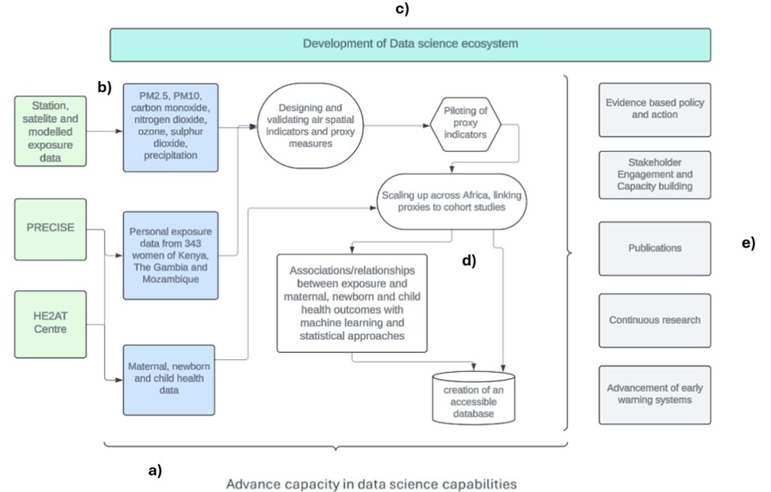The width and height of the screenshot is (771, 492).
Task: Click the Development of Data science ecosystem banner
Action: point(410,44)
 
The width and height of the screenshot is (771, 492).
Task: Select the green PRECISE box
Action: point(50,228)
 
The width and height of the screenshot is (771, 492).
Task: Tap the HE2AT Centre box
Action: point(50,323)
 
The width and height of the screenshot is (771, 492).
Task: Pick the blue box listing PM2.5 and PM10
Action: point(170,128)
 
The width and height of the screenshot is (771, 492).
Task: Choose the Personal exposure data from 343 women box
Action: point(170,255)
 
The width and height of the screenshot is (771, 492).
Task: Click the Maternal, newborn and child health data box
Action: point(170,378)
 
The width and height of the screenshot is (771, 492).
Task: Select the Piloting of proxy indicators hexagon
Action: point(465,123)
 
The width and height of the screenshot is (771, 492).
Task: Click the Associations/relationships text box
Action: point(351,303)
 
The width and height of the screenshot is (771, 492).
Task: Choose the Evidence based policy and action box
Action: point(654,109)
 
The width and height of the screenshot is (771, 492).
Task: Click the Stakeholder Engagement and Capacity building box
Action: point(654,175)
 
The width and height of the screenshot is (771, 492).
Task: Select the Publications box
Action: point(654,248)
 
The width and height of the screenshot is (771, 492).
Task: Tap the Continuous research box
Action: point(654,320)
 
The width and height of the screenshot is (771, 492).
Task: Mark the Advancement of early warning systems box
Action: point(654,394)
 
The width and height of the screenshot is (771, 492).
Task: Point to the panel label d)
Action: point(468,261)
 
